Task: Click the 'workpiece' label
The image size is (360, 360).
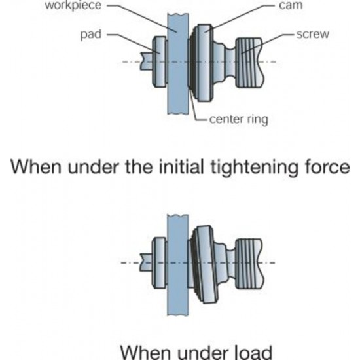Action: tap(73, 5)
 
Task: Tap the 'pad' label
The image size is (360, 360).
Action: tap(91, 35)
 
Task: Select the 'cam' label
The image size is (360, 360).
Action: tap(291, 5)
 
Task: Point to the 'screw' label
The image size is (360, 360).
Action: tap(313, 35)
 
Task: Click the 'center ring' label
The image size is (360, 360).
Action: tap(238, 119)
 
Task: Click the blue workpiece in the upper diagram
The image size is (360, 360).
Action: tap(178, 63)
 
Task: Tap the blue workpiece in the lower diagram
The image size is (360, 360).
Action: tap(178, 265)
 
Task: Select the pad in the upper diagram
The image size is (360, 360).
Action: tap(160, 62)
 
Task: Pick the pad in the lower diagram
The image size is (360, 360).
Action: tap(159, 263)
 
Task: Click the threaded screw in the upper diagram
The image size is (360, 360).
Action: tap(250, 63)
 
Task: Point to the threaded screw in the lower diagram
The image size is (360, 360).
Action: tap(250, 264)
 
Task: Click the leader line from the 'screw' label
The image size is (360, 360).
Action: tap(268, 44)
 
